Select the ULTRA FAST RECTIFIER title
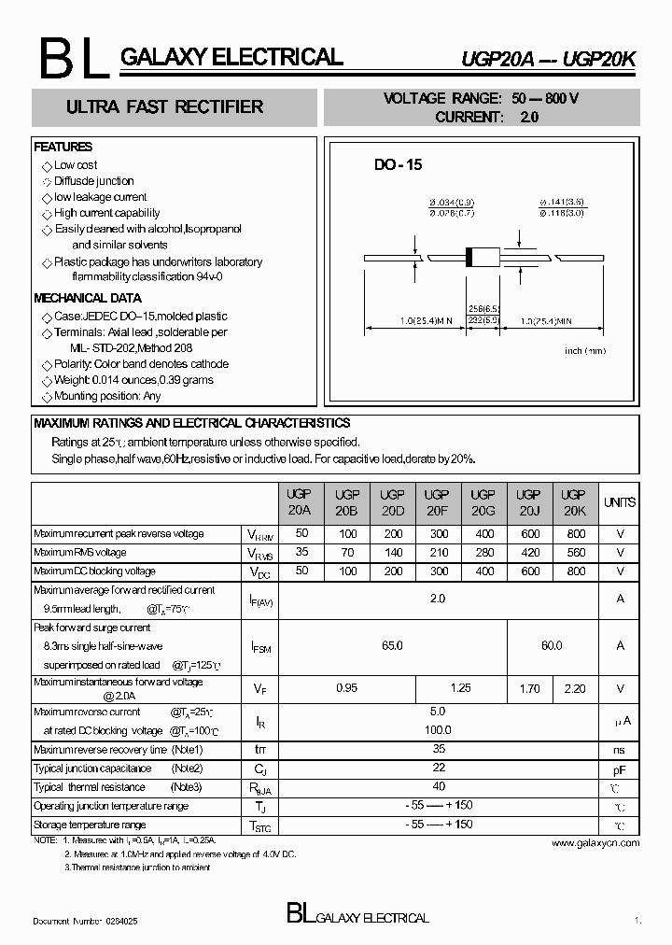164,107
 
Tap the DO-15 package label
399,164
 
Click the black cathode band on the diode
471,256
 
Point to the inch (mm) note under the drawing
585,350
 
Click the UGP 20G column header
483,502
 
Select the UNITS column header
620,502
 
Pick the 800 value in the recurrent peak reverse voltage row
576,534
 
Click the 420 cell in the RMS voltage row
528,553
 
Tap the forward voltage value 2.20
576,689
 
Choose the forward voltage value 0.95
347,689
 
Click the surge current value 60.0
552,645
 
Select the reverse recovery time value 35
438,749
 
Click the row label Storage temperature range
90,825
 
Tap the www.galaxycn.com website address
595,843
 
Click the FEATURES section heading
63,148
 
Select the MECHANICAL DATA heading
88,299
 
